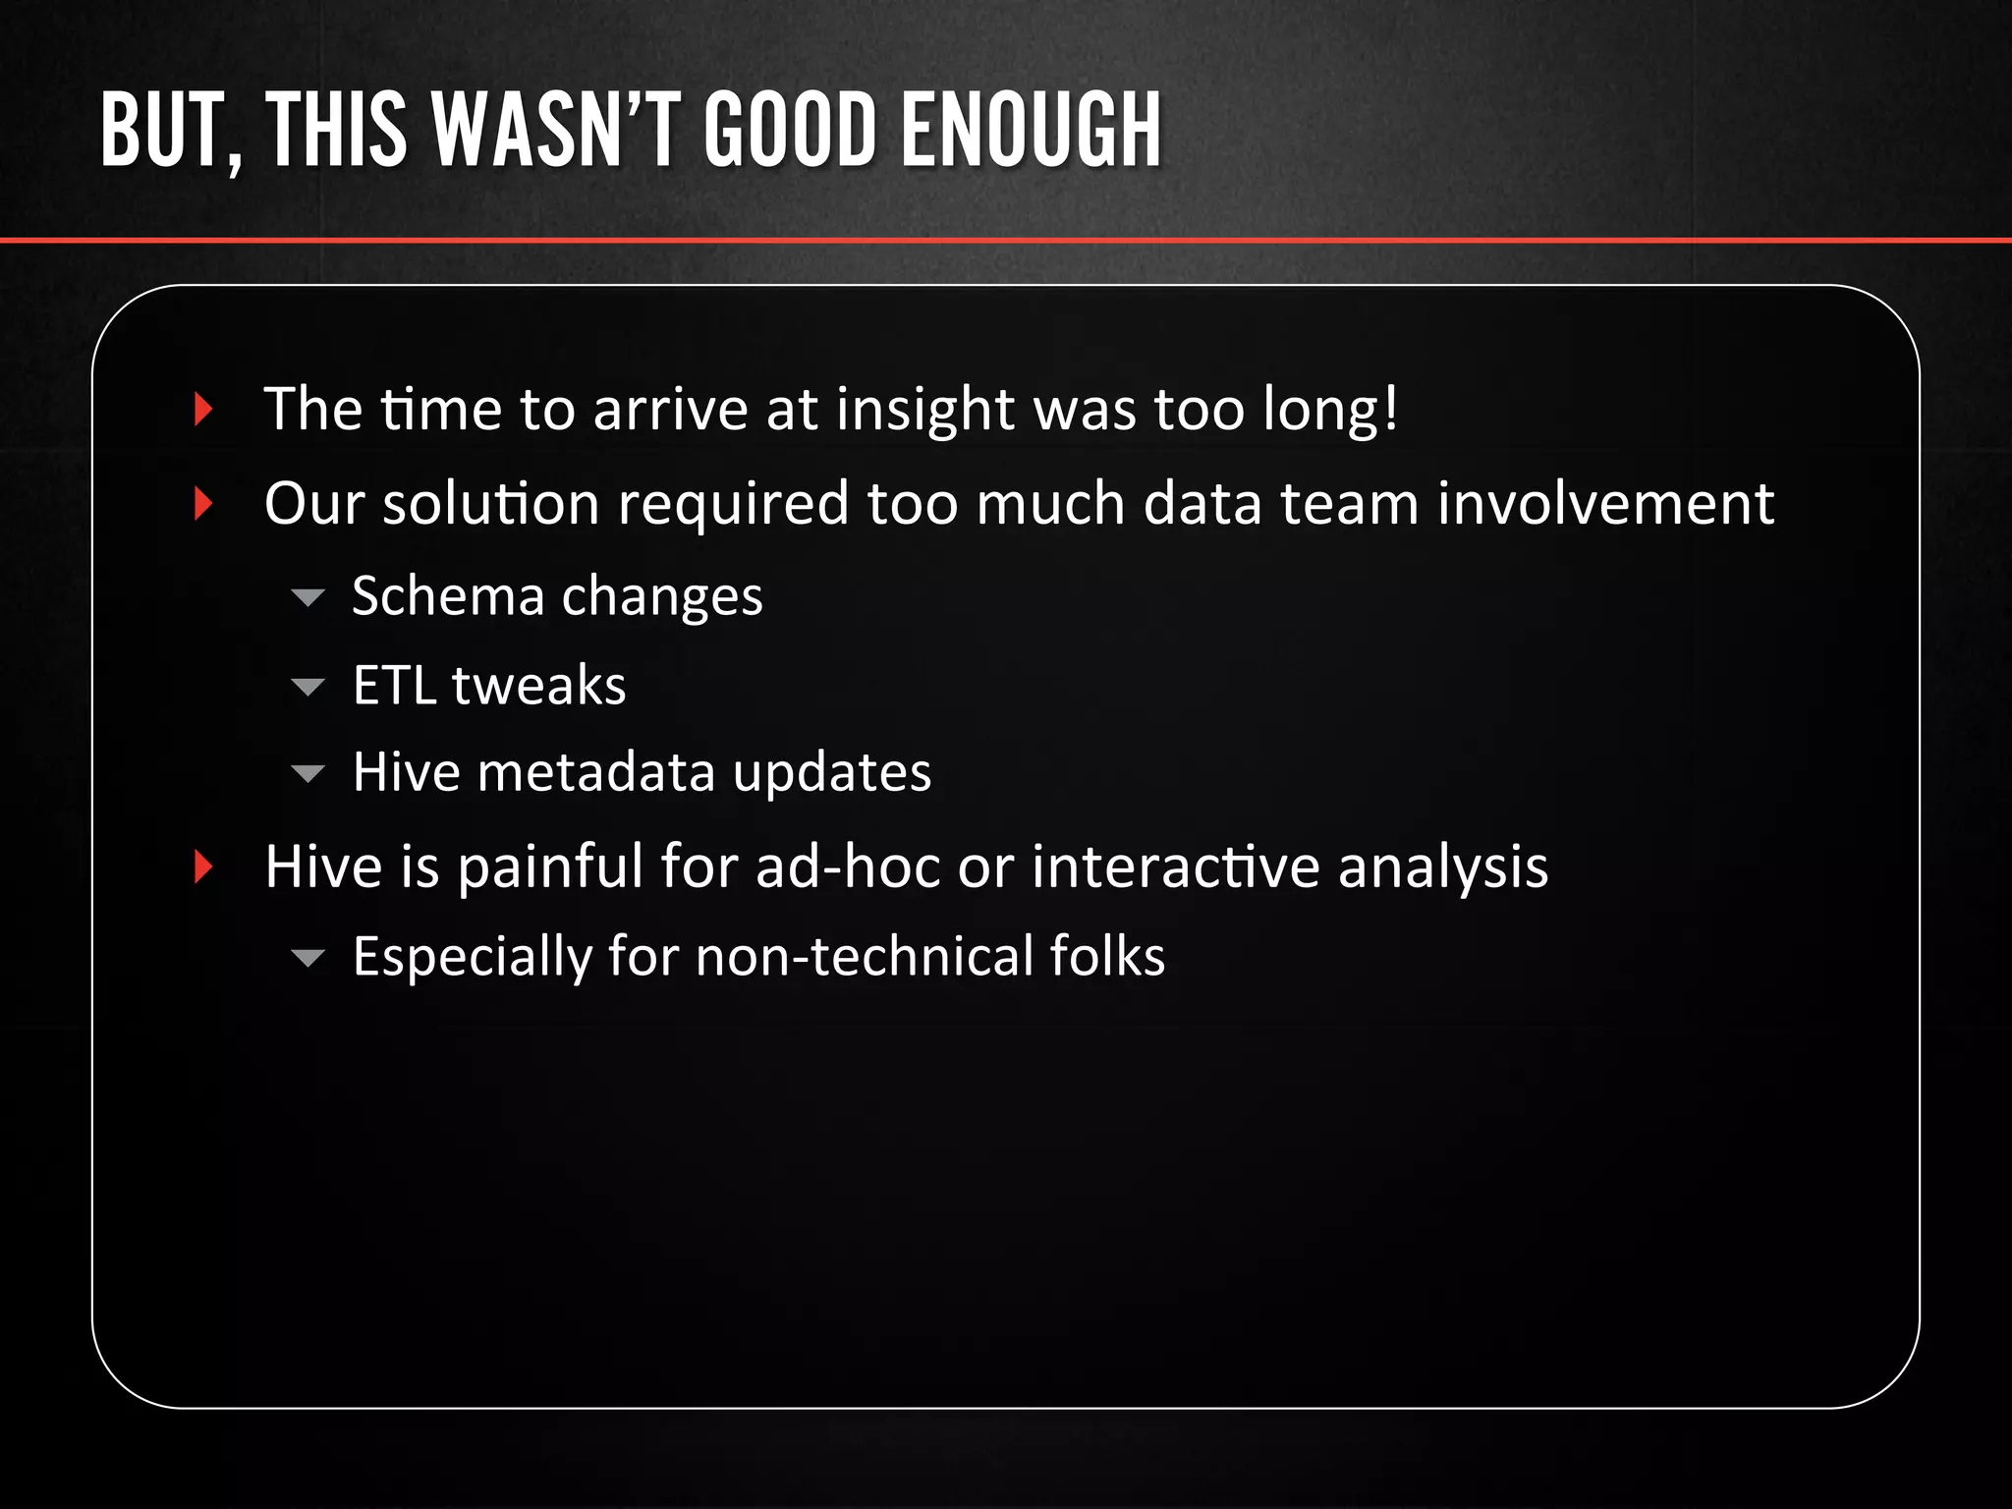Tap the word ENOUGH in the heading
coord(1032,130)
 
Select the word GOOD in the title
coord(790,130)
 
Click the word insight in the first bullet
coord(924,409)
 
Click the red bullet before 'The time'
coord(203,409)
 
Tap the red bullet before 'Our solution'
coord(203,503)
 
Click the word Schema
coord(447,596)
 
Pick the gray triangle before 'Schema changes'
coord(307,597)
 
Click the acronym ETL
coord(394,685)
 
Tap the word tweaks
coord(538,685)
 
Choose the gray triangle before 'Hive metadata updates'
coord(307,774)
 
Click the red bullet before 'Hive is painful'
coord(203,866)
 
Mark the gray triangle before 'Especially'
coord(307,958)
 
